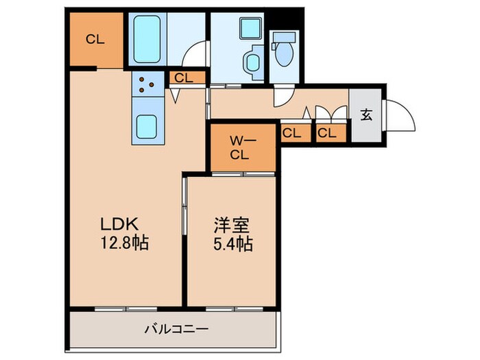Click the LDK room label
coord(121,224)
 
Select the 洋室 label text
coord(230,226)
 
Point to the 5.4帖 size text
coord(231,243)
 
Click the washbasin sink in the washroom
coord(252,62)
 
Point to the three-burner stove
coord(147,85)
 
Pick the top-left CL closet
coord(95,40)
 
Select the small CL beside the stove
coord(184,78)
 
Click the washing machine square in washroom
coord(248,28)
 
